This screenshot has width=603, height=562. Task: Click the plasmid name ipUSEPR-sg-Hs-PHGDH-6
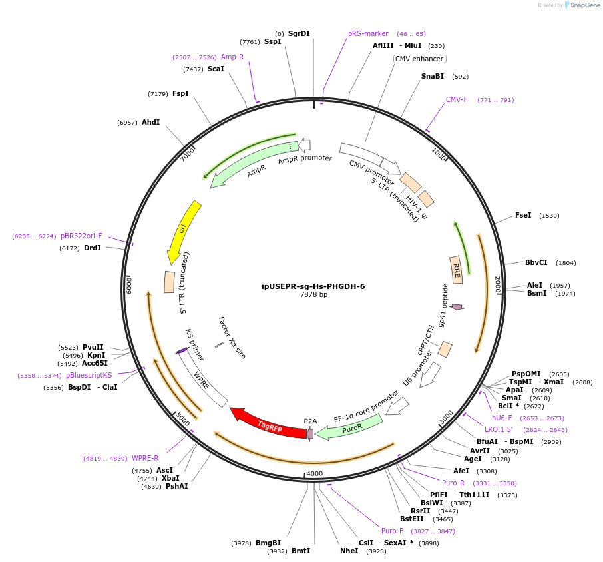313,286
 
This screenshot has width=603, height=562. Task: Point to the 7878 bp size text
313,294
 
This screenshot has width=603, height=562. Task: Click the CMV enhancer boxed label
419,59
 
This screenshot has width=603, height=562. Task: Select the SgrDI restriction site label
299,33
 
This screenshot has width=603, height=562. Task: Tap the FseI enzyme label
523,215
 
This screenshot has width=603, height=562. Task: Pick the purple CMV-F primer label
457,100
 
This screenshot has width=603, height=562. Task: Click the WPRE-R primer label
145,458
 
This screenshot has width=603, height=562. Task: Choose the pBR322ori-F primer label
81,236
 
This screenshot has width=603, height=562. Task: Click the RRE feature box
456,270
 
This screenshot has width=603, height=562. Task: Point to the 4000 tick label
315,473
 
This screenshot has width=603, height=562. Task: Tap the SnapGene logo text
584,5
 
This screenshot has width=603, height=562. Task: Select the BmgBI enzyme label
268,543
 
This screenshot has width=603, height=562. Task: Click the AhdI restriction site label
150,122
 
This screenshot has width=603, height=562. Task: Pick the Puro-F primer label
392,531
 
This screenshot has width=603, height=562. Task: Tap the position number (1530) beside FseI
549,216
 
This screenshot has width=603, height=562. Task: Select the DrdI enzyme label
93,248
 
